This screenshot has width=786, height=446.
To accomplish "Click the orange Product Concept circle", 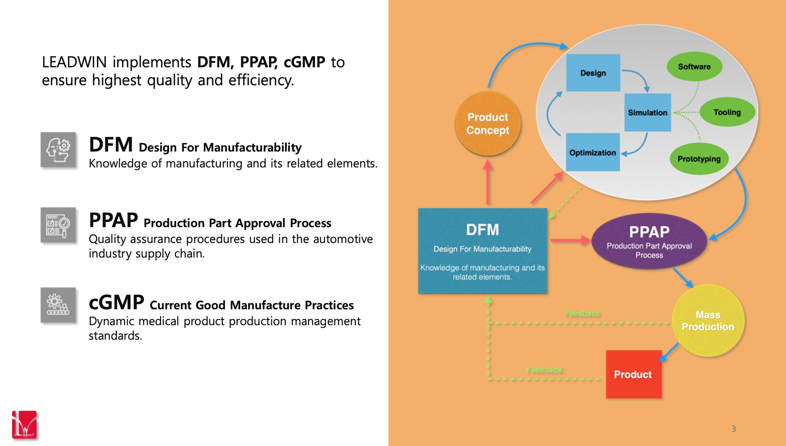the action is click(x=488, y=124).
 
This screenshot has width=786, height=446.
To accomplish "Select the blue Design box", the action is click(x=593, y=73).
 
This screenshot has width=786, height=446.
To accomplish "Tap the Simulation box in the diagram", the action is click(x=648, y=113).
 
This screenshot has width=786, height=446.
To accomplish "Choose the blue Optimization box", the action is click(x=593, y=152).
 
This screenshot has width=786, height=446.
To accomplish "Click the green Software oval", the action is click(x=694, y=67).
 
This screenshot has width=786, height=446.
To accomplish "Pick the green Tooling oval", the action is click(x=727, y=112).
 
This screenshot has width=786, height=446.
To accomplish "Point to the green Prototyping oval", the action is click(x=699, y=159).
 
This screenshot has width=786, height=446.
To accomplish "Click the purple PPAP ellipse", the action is click(x=649, y=241).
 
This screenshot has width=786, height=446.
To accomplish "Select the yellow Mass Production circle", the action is click(x=708, y=320).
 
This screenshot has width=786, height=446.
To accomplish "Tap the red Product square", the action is click(x=634, y=374).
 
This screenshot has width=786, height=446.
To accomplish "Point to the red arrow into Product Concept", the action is click(x=488, y=182).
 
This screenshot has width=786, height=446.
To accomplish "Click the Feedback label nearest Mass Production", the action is click(x=582, y=313).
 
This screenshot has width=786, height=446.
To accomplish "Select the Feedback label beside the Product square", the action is click(x=544, y=370).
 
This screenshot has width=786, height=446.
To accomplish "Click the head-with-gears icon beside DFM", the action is click(x=58, y=150).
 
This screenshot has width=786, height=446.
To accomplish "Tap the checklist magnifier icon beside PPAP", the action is click(x=58, y=225).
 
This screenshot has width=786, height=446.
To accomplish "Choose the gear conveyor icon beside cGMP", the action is click(x=58, y=305).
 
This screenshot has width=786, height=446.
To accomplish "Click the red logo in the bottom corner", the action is click(x=24, y=425).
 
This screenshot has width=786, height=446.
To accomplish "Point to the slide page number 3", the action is click(x=734, y=429).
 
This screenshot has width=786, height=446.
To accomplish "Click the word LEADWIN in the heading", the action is click(x=74, y=62).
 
